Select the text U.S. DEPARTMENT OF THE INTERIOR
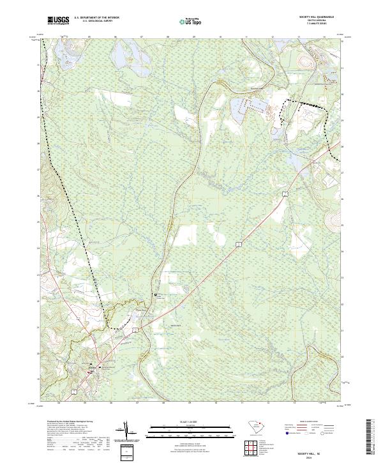click(95, 19)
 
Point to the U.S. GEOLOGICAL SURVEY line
click(95, 22)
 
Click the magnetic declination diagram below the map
click(127, 434)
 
